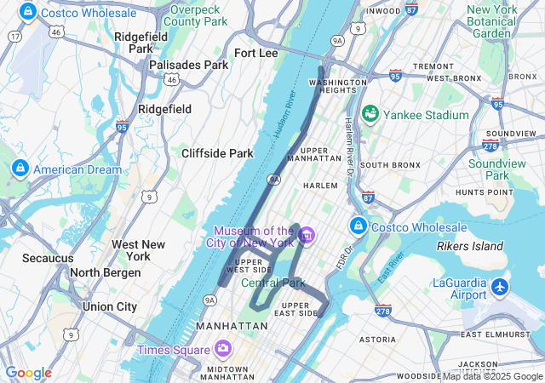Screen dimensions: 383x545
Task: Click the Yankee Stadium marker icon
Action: pos(370,114)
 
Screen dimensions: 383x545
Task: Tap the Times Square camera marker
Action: pos(223,349)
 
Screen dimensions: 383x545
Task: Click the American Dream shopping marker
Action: pos(20,169)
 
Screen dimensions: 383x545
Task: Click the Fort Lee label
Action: pos(255,53)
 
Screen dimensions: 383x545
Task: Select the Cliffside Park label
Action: pos(217,153)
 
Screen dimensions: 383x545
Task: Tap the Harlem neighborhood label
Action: pos(321,185)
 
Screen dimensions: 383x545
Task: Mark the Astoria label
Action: pos(378,339)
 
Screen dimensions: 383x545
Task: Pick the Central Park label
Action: pos(272,283)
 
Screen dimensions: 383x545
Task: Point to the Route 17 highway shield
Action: pos(14,37)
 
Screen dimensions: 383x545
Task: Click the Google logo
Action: pos(28,373)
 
